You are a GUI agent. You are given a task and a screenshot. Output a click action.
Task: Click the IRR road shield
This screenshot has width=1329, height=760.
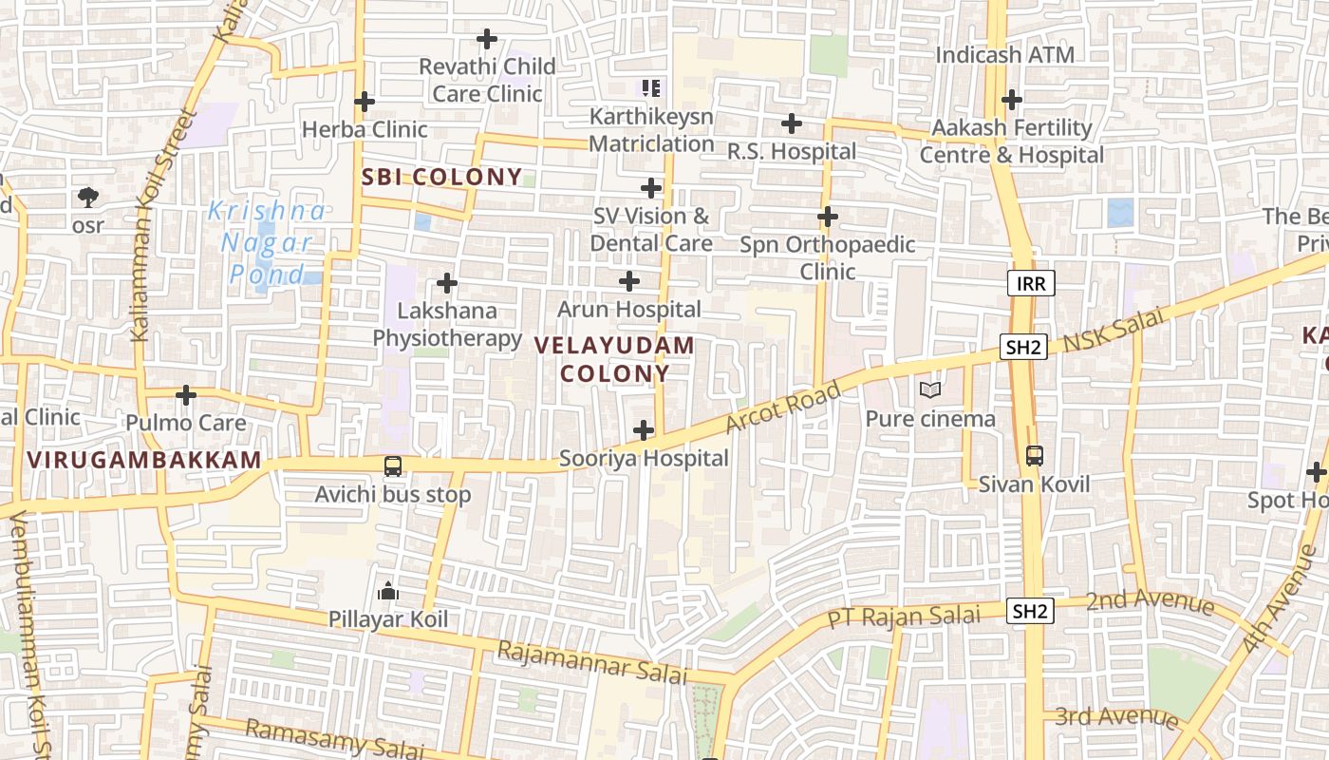[x=1030, y=283]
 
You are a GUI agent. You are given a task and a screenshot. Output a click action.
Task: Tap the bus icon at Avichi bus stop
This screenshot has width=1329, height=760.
[x=392, y=465]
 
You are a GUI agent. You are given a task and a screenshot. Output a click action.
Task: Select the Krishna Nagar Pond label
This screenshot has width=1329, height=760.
[x=267, y=242]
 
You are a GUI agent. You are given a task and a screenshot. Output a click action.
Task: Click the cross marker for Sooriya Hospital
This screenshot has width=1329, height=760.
[x=644, y=430]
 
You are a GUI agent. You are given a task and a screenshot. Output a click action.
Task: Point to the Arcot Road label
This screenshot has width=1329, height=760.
[x=783, y=407]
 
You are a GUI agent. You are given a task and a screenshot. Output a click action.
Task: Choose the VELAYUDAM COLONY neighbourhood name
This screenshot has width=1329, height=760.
[x=615, y=359]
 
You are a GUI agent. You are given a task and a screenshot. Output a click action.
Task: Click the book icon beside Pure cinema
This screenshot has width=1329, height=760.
[x=930, y=389]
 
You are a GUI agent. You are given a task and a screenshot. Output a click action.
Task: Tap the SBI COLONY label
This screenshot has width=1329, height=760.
[x=441, y=177]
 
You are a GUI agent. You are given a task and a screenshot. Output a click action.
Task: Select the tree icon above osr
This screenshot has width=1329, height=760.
[x=88, y=198]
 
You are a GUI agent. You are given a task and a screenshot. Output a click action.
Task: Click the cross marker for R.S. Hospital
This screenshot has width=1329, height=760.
[x=791, y=123]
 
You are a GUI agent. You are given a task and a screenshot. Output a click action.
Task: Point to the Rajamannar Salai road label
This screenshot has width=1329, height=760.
[x=591, y=662]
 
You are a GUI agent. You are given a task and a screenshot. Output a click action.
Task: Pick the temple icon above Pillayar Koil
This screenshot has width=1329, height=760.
[x=387, y=592]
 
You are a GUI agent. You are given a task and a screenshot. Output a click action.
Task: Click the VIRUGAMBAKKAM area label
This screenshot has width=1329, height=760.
[x=144, y=461]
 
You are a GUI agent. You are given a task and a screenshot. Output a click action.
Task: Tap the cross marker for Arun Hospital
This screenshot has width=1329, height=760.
[x=628, y=281]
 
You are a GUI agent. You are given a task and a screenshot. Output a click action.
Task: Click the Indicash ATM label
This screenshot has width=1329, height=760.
[x=1004, y=55]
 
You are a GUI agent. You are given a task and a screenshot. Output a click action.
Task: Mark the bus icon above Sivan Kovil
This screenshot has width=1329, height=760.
[x=1034, y=455]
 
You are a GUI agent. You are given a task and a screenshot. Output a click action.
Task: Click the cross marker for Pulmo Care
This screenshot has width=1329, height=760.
[x=186, y=394]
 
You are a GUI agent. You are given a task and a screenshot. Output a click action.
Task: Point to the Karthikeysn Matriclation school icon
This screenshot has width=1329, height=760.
[x=650, y=88]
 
